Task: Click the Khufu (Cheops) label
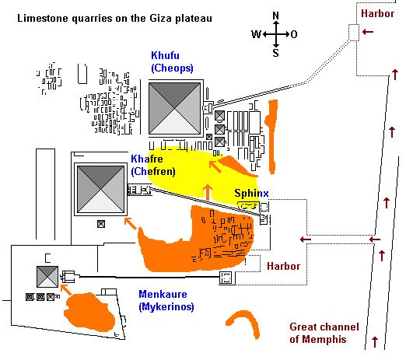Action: (x=172, y=62)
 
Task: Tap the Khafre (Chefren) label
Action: (x=153, y=166)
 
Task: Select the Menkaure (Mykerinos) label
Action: (x=166, y=300)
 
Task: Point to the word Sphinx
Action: (x=251, y=194)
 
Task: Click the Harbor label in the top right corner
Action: (x=377, y=13)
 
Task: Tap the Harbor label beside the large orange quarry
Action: (x=283, y=266)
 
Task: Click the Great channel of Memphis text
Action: (x=324, y=333)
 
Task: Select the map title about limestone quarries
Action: (x=114, y=19)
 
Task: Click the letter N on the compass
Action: (x=276, y=16)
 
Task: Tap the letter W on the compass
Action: (x=256, y=34)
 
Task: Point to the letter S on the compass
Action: (x=276, y=53)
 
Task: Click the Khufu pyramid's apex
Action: (x=175, y=109)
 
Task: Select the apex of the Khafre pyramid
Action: (x=100, y=189)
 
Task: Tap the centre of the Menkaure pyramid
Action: (x=47, y=277)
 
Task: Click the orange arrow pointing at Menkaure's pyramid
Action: (x=66, y=290)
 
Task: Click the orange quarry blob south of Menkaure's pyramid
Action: (x=89, y=312)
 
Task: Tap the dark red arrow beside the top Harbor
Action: (x=368, y=32)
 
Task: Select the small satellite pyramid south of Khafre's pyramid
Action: (x=101, y=224)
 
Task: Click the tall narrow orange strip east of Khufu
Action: (x=271, y=137)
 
